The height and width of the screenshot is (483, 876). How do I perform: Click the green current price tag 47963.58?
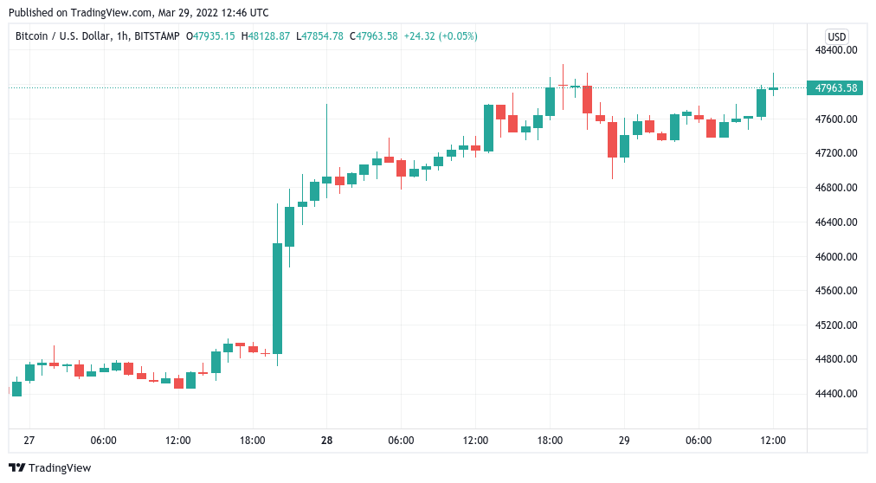tap(836, 87)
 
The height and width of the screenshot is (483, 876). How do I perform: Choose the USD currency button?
tap(836, 36)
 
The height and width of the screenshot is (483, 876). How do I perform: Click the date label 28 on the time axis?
tap(327, 441)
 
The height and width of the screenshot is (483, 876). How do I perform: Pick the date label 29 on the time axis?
tap(624, 441)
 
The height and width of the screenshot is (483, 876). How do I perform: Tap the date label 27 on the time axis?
tap(29, 441)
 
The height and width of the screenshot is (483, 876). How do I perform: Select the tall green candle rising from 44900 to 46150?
tap(277, 299)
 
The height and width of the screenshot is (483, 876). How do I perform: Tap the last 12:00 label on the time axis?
tap(773, 441)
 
